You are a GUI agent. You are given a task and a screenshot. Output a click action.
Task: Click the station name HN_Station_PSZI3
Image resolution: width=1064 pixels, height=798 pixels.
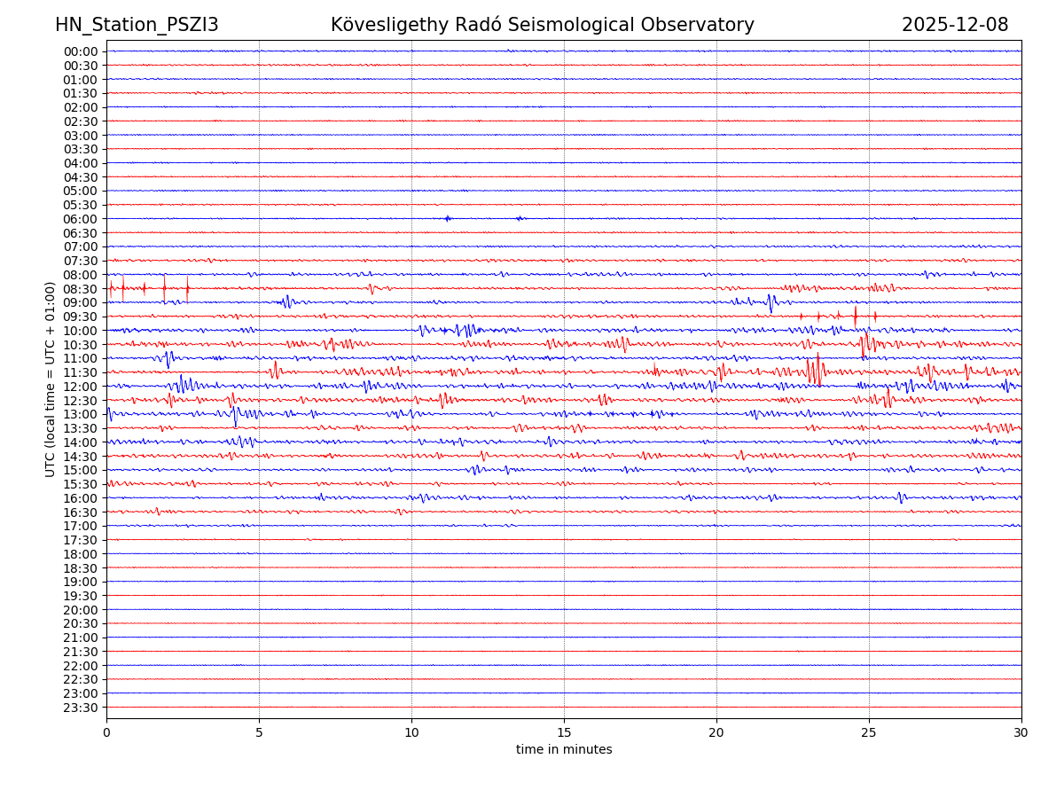(137, 25)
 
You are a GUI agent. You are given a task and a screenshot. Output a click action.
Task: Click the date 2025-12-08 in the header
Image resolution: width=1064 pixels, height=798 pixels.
(955, 25)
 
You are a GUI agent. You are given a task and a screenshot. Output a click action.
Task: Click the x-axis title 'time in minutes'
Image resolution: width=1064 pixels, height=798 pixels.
(564, 749)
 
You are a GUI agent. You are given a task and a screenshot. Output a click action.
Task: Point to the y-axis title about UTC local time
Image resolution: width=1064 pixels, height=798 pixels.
(51, 379)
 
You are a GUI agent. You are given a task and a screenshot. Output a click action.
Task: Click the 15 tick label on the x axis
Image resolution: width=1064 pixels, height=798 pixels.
(564, 732)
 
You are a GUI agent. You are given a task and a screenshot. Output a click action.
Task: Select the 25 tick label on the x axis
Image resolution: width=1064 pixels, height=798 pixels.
(869, 732)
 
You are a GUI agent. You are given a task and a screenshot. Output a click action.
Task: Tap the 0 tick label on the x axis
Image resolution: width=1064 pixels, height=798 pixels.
(106, 732)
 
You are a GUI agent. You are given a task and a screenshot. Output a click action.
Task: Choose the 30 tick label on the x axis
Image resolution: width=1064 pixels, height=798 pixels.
(1021, 732)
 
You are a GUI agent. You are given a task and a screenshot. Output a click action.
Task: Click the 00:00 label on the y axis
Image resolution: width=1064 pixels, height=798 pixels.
(81, 51)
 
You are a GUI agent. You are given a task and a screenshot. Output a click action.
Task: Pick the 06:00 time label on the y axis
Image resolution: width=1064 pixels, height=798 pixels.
(81, 219)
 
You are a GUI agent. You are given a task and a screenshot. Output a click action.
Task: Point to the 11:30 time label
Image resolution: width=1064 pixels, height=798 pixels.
(81, 372)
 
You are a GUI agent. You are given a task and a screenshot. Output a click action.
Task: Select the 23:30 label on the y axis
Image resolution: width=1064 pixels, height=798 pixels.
(81, 708)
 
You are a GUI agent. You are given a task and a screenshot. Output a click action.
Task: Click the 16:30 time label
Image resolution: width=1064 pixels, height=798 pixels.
(81, 512)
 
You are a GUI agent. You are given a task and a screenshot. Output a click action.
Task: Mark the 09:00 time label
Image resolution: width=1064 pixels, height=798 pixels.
(81, 302)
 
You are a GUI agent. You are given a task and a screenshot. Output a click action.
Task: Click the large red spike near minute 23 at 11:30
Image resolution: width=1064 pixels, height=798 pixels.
(818, 369)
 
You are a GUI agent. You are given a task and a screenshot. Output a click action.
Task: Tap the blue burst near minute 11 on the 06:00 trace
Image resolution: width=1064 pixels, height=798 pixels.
(448, 218)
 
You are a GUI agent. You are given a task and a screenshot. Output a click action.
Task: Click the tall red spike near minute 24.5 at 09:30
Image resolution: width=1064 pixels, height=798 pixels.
(855, 315)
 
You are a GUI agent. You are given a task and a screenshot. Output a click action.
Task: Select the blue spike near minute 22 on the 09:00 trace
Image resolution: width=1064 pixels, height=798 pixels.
(771, 303)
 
